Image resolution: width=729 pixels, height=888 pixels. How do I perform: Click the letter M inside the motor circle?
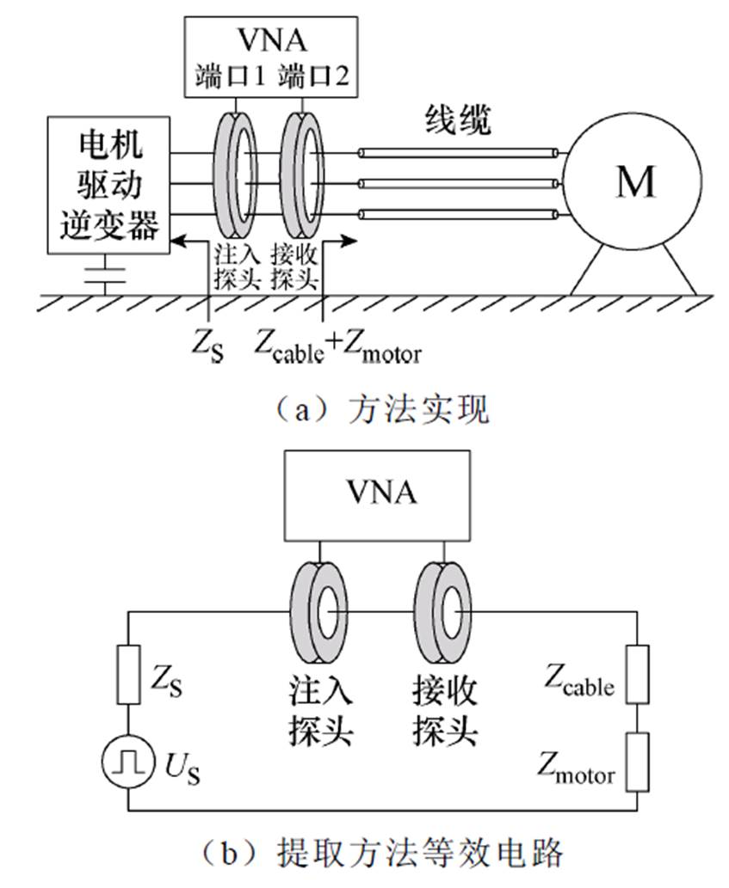pyautogui.click(x=636, y=182)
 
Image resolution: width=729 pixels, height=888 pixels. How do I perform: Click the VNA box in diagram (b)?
pyautogui.click(x=382, y=493)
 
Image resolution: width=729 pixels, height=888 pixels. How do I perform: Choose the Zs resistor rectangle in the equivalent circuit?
pyautogui.click(x=129, y=675)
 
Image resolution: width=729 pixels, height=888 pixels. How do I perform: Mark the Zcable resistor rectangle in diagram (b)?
pyautogui.click(x=638, y=674)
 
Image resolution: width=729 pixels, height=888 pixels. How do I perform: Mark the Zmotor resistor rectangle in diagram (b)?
pyautogui.click(x=638, y=760)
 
